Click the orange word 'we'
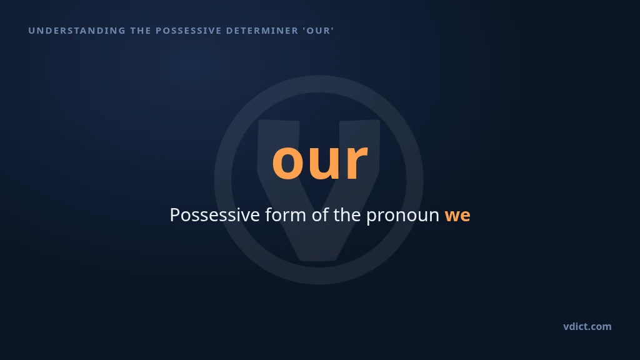pos(457,216)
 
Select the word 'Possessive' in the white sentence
pos(215,215)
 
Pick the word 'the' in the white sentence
pos(347,215)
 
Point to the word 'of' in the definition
pos(320,215)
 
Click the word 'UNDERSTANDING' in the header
pos(77,31)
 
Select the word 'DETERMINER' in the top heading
pos(262,31)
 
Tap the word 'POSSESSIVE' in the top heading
pos(189,31)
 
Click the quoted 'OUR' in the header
pos(318,31)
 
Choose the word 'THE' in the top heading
pos(141,31)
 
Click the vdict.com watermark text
pos(587,326)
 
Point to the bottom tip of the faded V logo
pos(319,259)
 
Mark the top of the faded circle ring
pos(319,84)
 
